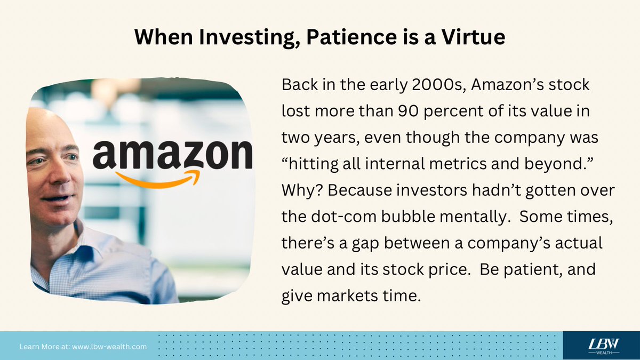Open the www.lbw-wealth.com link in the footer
(109, 347)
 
